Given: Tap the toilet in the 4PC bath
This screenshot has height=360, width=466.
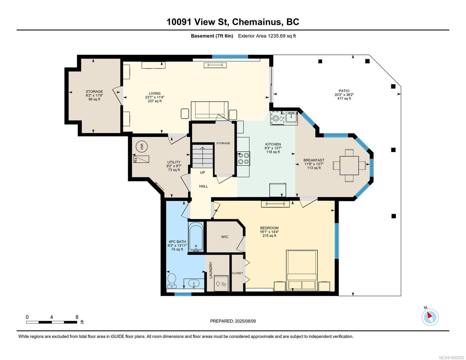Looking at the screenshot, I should click(172, 280).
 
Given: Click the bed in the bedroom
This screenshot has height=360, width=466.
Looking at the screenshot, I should click(302, 270).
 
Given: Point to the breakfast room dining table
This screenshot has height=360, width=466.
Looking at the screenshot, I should click(349, 165).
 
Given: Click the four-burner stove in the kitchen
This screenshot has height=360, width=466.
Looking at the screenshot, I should click(243, 158).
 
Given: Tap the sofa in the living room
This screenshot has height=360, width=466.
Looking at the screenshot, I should click(209, 110).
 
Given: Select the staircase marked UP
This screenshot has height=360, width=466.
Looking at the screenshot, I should click(203, 156).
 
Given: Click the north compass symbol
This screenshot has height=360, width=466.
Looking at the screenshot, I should click(430, 317).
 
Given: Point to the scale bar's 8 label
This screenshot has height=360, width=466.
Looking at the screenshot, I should click(77, 317).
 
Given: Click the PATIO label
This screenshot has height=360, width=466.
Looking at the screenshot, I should click(344, 91).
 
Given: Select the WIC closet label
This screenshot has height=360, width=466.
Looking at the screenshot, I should click(225, 237).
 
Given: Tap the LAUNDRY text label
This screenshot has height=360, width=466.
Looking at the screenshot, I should click(211, 270).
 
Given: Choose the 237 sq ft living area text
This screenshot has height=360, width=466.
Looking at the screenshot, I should click(155, 101).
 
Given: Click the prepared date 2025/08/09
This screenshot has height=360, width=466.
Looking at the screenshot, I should click(245, 321).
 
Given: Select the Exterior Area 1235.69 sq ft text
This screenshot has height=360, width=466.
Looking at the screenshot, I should click(267, 36).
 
